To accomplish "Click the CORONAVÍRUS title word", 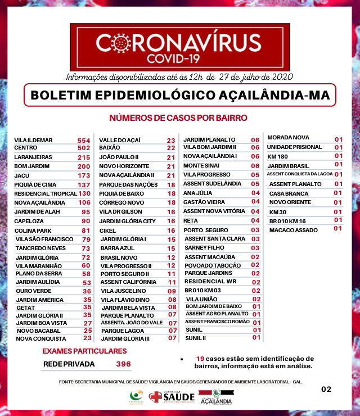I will (180, 43).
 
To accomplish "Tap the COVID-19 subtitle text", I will (180, 57).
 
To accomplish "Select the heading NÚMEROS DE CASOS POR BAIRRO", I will (179, 118).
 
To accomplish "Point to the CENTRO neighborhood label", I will (26, 148).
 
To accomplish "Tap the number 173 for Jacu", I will (84, 176).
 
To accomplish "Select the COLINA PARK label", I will (32, 230).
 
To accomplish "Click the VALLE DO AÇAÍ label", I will (120, 140).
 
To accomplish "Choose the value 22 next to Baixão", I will (171, 148).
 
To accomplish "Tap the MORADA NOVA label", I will (289, 138).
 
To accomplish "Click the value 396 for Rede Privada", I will (123, 364).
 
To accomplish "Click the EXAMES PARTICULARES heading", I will (85, 351).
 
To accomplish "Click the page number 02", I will (326, 388).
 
